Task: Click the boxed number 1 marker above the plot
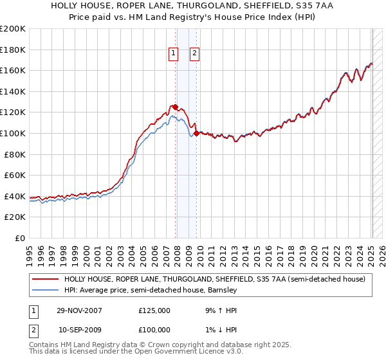[x=174, y=54]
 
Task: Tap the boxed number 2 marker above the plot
[x=194, y=54]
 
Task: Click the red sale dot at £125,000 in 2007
[x=176, y=107]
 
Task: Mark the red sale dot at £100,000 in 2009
[x=196, y=133]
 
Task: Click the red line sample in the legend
[x=44, y=279]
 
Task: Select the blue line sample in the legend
[x=44, y=290]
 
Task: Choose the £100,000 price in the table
[x=154, y=330]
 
